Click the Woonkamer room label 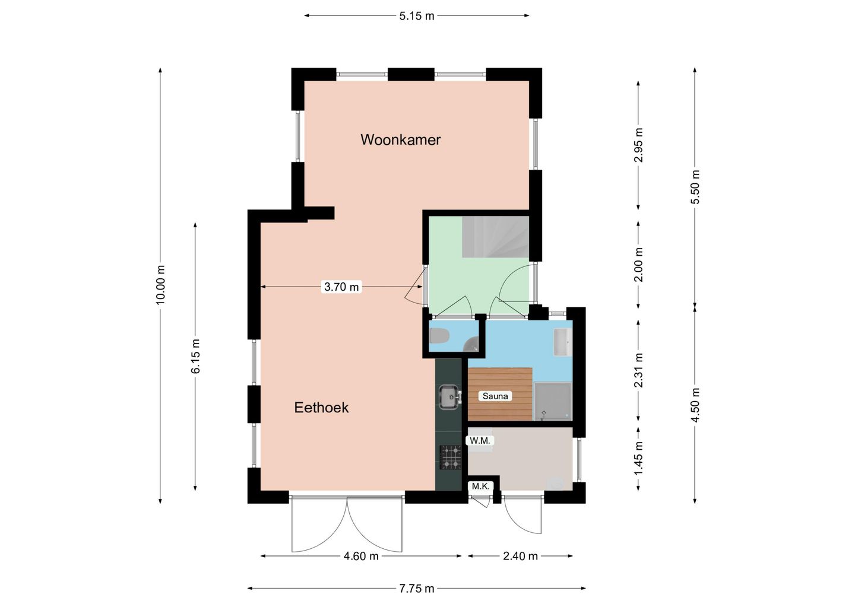click(400, 139)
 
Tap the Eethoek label click(321, 408)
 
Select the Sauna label click(495, 396)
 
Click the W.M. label click(480, 440)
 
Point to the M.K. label click(480, 486)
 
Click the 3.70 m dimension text click(341, 287)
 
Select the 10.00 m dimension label click(160, 284)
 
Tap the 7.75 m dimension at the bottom click(417, 589)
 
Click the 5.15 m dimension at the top click(417, 16)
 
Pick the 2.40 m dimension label click(520, 556)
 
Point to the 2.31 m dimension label click(638, 370)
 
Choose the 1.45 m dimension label click(638, 458)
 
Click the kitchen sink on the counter click(449, 396)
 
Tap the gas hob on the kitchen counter click(451, 457)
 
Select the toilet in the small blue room click(439, 336)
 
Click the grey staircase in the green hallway click(495, 237)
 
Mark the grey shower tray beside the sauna click(553, 402)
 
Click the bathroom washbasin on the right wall click(563, 342)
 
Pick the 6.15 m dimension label click(195, 356)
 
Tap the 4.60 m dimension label click(361, 556)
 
